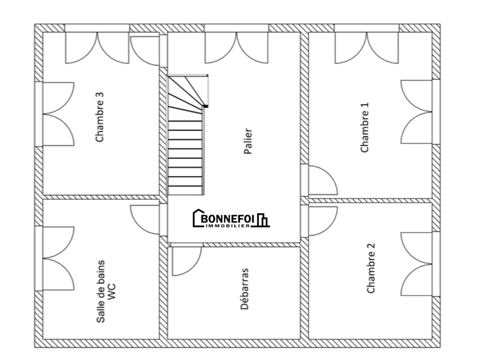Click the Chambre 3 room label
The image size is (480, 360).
(x=99, y=117)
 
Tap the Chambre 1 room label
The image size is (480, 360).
(x=364, y=127)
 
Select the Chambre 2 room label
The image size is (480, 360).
(x=371, y=268)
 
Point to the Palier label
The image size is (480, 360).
(x=248, y=141)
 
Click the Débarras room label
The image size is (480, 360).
(x=244, y=289)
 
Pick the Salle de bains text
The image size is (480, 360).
(x=101, y=291)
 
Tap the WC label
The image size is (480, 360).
(x=111, y=291)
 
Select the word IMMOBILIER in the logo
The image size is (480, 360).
(x=228, y=226)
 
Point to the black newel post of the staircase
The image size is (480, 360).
(x=206, y=106)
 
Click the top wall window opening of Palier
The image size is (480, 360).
(x=236, y=28)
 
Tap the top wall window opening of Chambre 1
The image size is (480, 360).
(x=367, y=28)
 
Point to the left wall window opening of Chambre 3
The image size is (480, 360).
(x=39, y=114)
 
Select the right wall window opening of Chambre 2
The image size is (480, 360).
(x=436, y=264)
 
